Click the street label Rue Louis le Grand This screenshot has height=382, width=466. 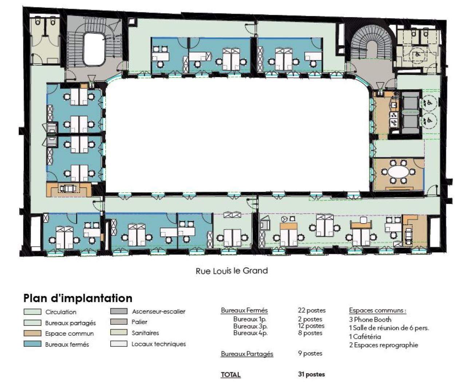pos(232,271)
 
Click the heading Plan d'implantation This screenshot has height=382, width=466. pos(78,298)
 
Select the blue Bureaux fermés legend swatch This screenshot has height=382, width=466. pos(32,344)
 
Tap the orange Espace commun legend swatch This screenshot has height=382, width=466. pos(32,333)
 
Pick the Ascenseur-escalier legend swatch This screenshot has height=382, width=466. pos(119,311)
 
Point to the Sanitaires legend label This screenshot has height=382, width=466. pos(145,333)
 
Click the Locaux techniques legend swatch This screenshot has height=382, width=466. pos(119,344)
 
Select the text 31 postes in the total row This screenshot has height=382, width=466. pos(311,374)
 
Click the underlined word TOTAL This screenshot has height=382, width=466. pos(231,375)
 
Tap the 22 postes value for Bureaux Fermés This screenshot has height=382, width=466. pos(312,310)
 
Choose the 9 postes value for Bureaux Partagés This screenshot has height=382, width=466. pos(310,353)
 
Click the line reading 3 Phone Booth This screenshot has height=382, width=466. pos(370,319)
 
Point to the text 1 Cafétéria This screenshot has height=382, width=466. pos(365,336)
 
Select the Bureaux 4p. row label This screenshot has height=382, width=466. pos(250,333)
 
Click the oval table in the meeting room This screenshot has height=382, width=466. pos(398,172)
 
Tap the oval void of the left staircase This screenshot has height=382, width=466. pos(94,49)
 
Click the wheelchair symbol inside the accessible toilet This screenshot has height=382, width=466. pos(417,54)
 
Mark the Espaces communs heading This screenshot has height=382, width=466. pos(378,310)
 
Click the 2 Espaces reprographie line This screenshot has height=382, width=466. pos(384,345)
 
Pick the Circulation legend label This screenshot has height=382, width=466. pos(61,312)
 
